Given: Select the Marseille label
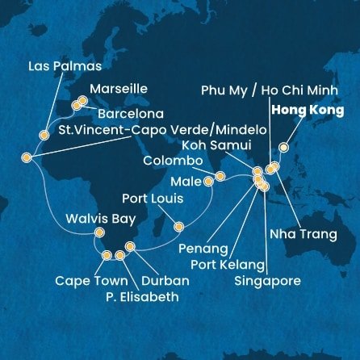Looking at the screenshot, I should click(119, 88).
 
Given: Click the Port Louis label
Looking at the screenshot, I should click(152, 198).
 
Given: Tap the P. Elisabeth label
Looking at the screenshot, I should click(140, 296).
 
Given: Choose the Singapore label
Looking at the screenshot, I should click(267, 281).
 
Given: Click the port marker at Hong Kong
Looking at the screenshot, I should click(283, 148).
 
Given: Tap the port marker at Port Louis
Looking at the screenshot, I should click(179, 226).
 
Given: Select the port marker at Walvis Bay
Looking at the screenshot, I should click(99, 233).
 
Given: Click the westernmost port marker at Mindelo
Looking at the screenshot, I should click(27, 157).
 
